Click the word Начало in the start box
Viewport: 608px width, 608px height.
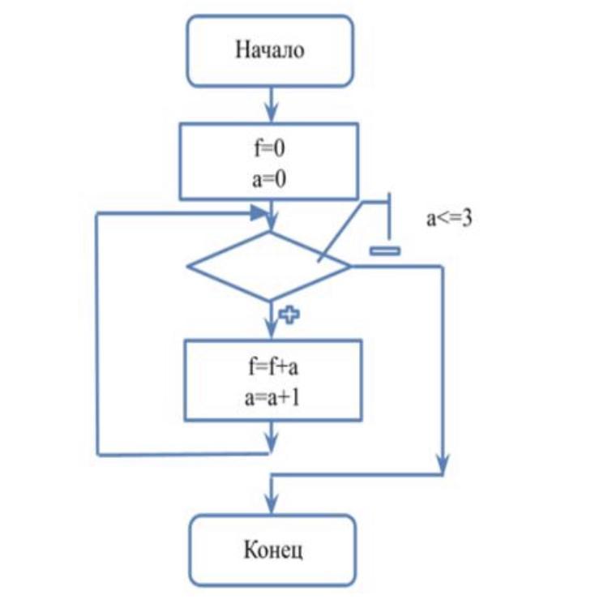[270, 50]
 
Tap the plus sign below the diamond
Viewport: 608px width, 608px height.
[288, 315]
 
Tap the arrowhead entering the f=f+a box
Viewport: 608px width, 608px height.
[272, 330]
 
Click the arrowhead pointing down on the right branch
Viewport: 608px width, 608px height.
[443, 466]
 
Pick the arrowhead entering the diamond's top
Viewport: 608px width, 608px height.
[272, 225]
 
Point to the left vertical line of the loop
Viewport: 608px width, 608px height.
[97, 332]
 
